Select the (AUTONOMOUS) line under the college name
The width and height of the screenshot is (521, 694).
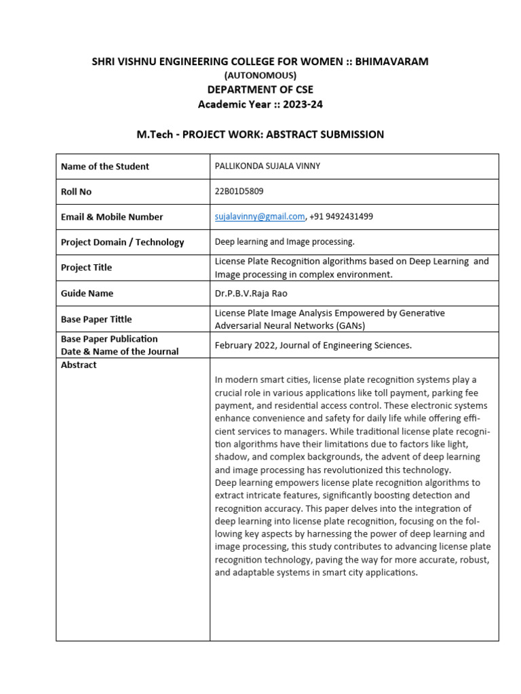coord(260,75)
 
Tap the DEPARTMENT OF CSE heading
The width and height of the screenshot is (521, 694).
coord(260,89)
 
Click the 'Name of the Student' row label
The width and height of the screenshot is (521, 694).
coord(104,166)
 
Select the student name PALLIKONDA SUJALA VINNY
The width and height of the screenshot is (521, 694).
coord(268,166)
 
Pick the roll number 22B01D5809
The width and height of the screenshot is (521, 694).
coord(239,191)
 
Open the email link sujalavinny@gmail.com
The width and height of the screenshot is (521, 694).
coord(260,216)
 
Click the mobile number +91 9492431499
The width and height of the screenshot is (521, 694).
coord(341,216)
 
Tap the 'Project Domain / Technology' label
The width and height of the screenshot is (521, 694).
coord(122,242)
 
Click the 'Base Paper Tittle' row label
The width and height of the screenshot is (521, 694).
coord(96,319)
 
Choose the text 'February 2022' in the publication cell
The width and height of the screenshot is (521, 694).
coord(245,345)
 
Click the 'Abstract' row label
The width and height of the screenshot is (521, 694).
coord(79,365)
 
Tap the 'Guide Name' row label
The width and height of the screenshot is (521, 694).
coord(87,293)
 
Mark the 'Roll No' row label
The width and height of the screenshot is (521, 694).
coord(76,192)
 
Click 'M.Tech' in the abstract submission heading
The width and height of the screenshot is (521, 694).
coord(155,134)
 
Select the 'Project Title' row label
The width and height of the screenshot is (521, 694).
coord(86,268)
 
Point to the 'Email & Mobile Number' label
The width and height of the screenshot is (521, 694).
coord(112,217)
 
